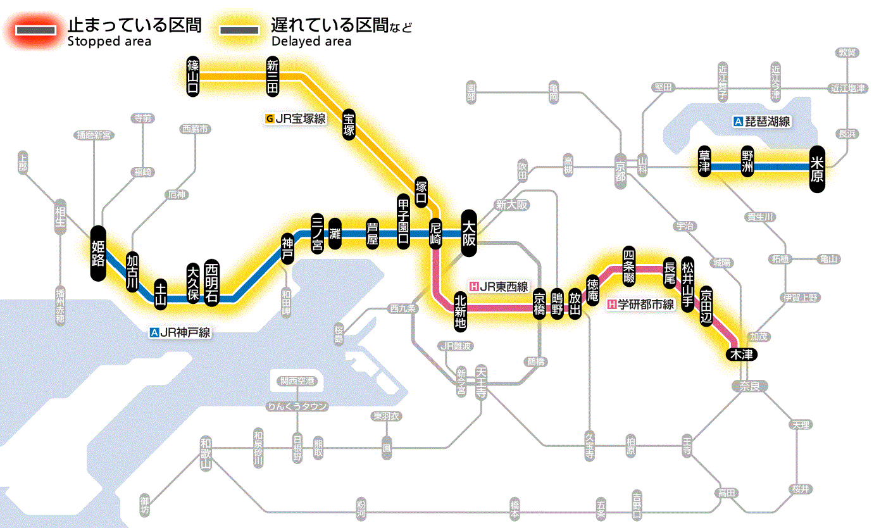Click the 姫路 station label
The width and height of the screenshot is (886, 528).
coord(97,253)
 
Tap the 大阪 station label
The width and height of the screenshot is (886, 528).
coord(469,233)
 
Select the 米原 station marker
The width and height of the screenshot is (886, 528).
coord(818,168)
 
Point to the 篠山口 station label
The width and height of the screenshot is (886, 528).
coord(194,76)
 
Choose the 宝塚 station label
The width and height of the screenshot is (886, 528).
coord(349,124)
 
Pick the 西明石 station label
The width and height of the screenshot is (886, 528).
coord(211,283)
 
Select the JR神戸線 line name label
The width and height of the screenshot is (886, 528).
coord(180,332)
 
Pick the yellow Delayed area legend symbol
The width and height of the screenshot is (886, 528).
coord(239,30)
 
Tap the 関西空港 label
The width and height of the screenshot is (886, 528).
coord(297,381)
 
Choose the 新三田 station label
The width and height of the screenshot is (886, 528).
coord(273,77)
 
